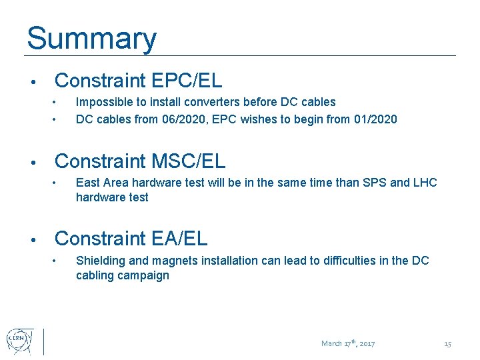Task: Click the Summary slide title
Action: (91, 39)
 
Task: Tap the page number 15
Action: (447, 344)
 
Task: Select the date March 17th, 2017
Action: (348, 344)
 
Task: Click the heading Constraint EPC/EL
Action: (138, 81)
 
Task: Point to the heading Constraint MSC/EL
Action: (140, 161)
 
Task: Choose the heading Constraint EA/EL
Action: (131, 239)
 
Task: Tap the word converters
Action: (215, 102)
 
